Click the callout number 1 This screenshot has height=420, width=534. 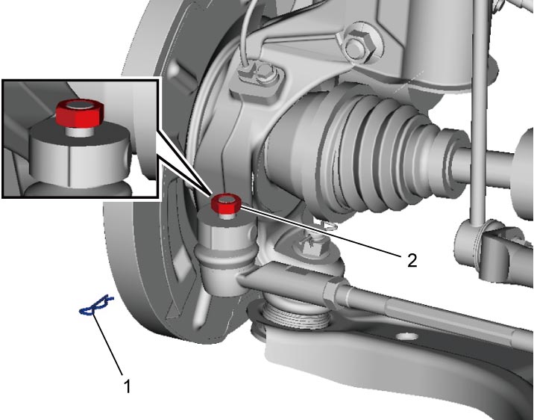pos(127,386)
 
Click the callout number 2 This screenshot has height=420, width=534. pos(412,261)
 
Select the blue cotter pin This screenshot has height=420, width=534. pos(96,306)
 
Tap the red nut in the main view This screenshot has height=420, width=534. pos(226,203)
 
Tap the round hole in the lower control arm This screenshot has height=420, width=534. pos(407,337)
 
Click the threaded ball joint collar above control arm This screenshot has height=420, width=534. pos(295,315)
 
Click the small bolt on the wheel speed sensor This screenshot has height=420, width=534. pos(266,71)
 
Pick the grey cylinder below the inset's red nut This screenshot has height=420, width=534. pos(80,153)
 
